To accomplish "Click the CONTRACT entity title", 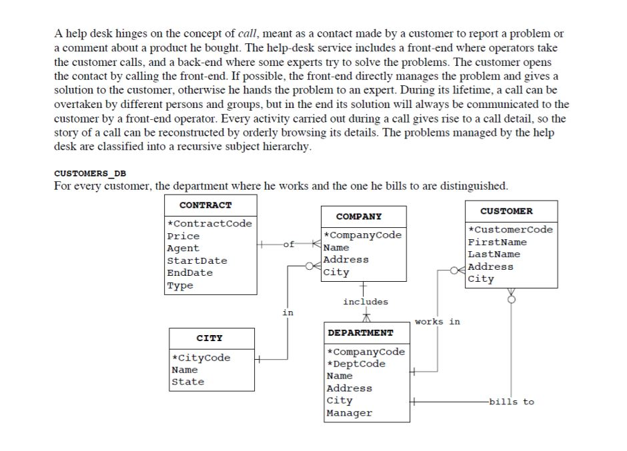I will (x=205, y=205).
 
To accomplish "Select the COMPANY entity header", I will (x=359, y=217).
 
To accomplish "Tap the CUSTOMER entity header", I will (x=506, y=211).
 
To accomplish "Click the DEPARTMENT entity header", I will (x=360, y=332).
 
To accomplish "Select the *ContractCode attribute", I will (x=209, y=224).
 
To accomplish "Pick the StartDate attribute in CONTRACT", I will (x=197, y=260).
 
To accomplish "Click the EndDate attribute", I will (x=190, y=272).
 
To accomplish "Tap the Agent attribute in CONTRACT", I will (x=183, y=248).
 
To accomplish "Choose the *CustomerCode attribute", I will (x=510, y=230).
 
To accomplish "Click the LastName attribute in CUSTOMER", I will (x=494, y=254).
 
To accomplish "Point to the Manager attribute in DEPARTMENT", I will (x=349, y=413).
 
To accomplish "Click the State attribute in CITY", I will (x=188, y=382).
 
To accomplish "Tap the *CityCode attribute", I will (x=201, y=358).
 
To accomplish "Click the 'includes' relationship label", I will (x=365, y=302).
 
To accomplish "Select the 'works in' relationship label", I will (x=437, y=322).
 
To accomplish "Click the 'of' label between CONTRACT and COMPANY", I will (x=288, y=244).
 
